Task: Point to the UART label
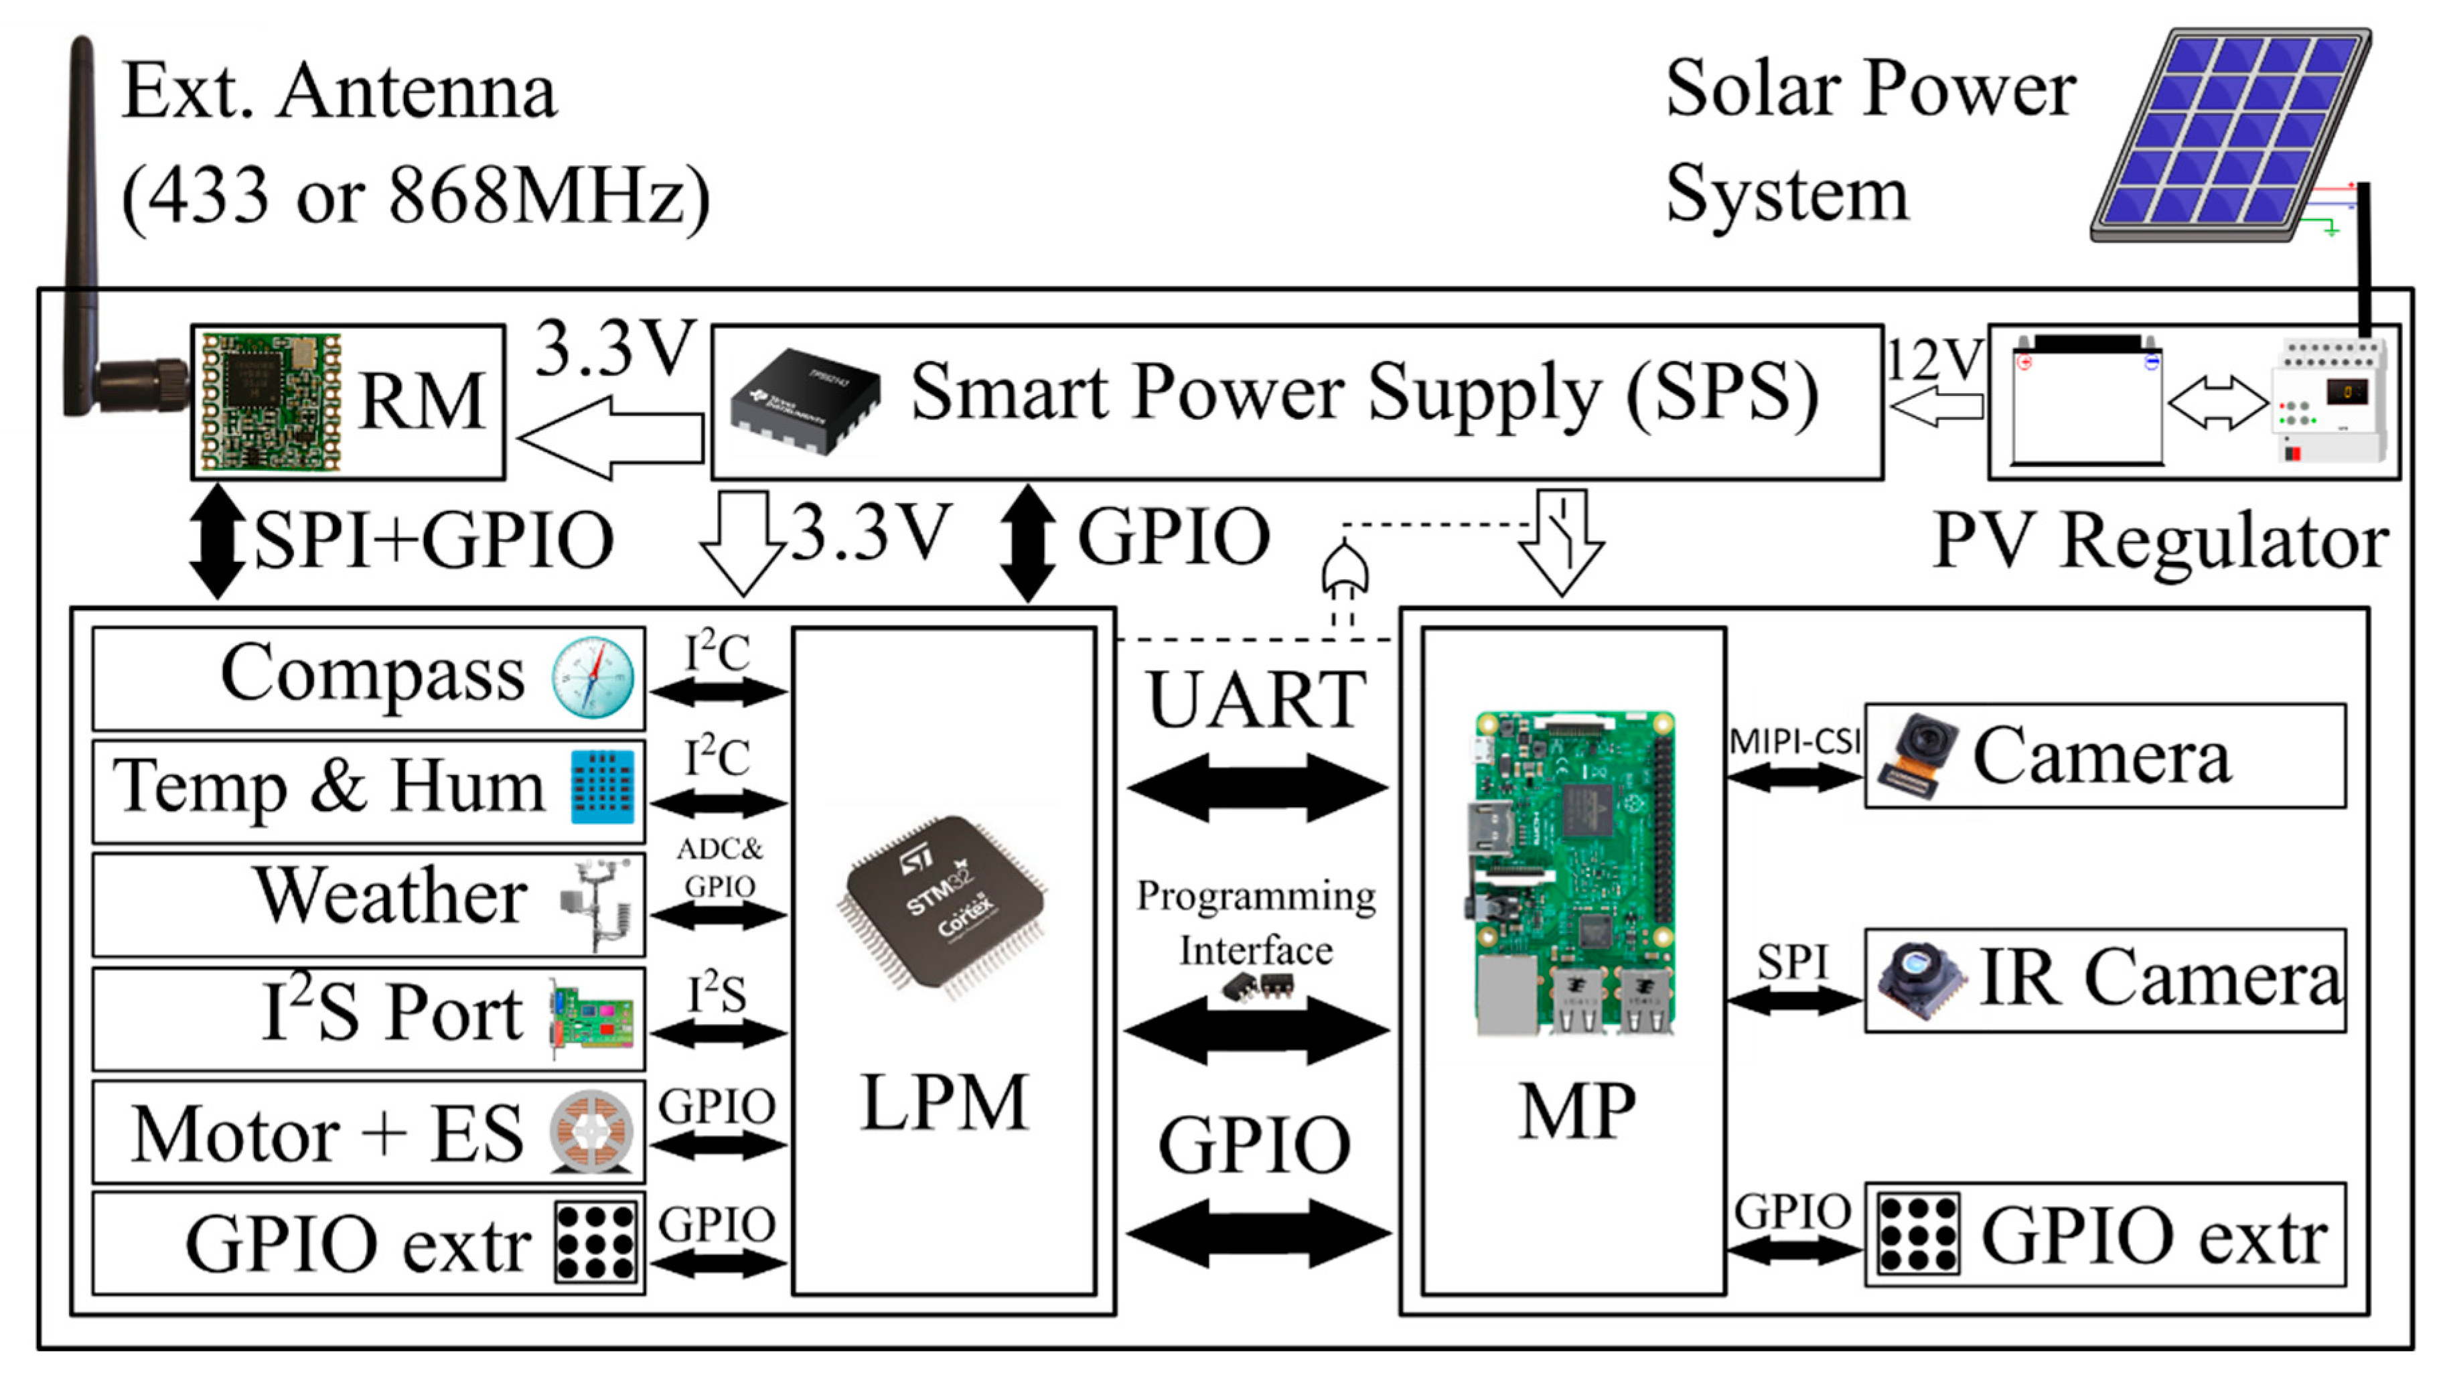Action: coord(1256,700)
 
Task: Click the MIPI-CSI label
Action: coord(1794,741)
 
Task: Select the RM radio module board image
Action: coord(271,401)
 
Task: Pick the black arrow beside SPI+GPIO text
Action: coord(217,540)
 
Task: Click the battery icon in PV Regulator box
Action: coord(2087,398)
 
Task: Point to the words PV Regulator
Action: coord(2160,540)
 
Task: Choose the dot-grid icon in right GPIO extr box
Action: coord(1917,1234)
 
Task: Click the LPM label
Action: coord(944,1103)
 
